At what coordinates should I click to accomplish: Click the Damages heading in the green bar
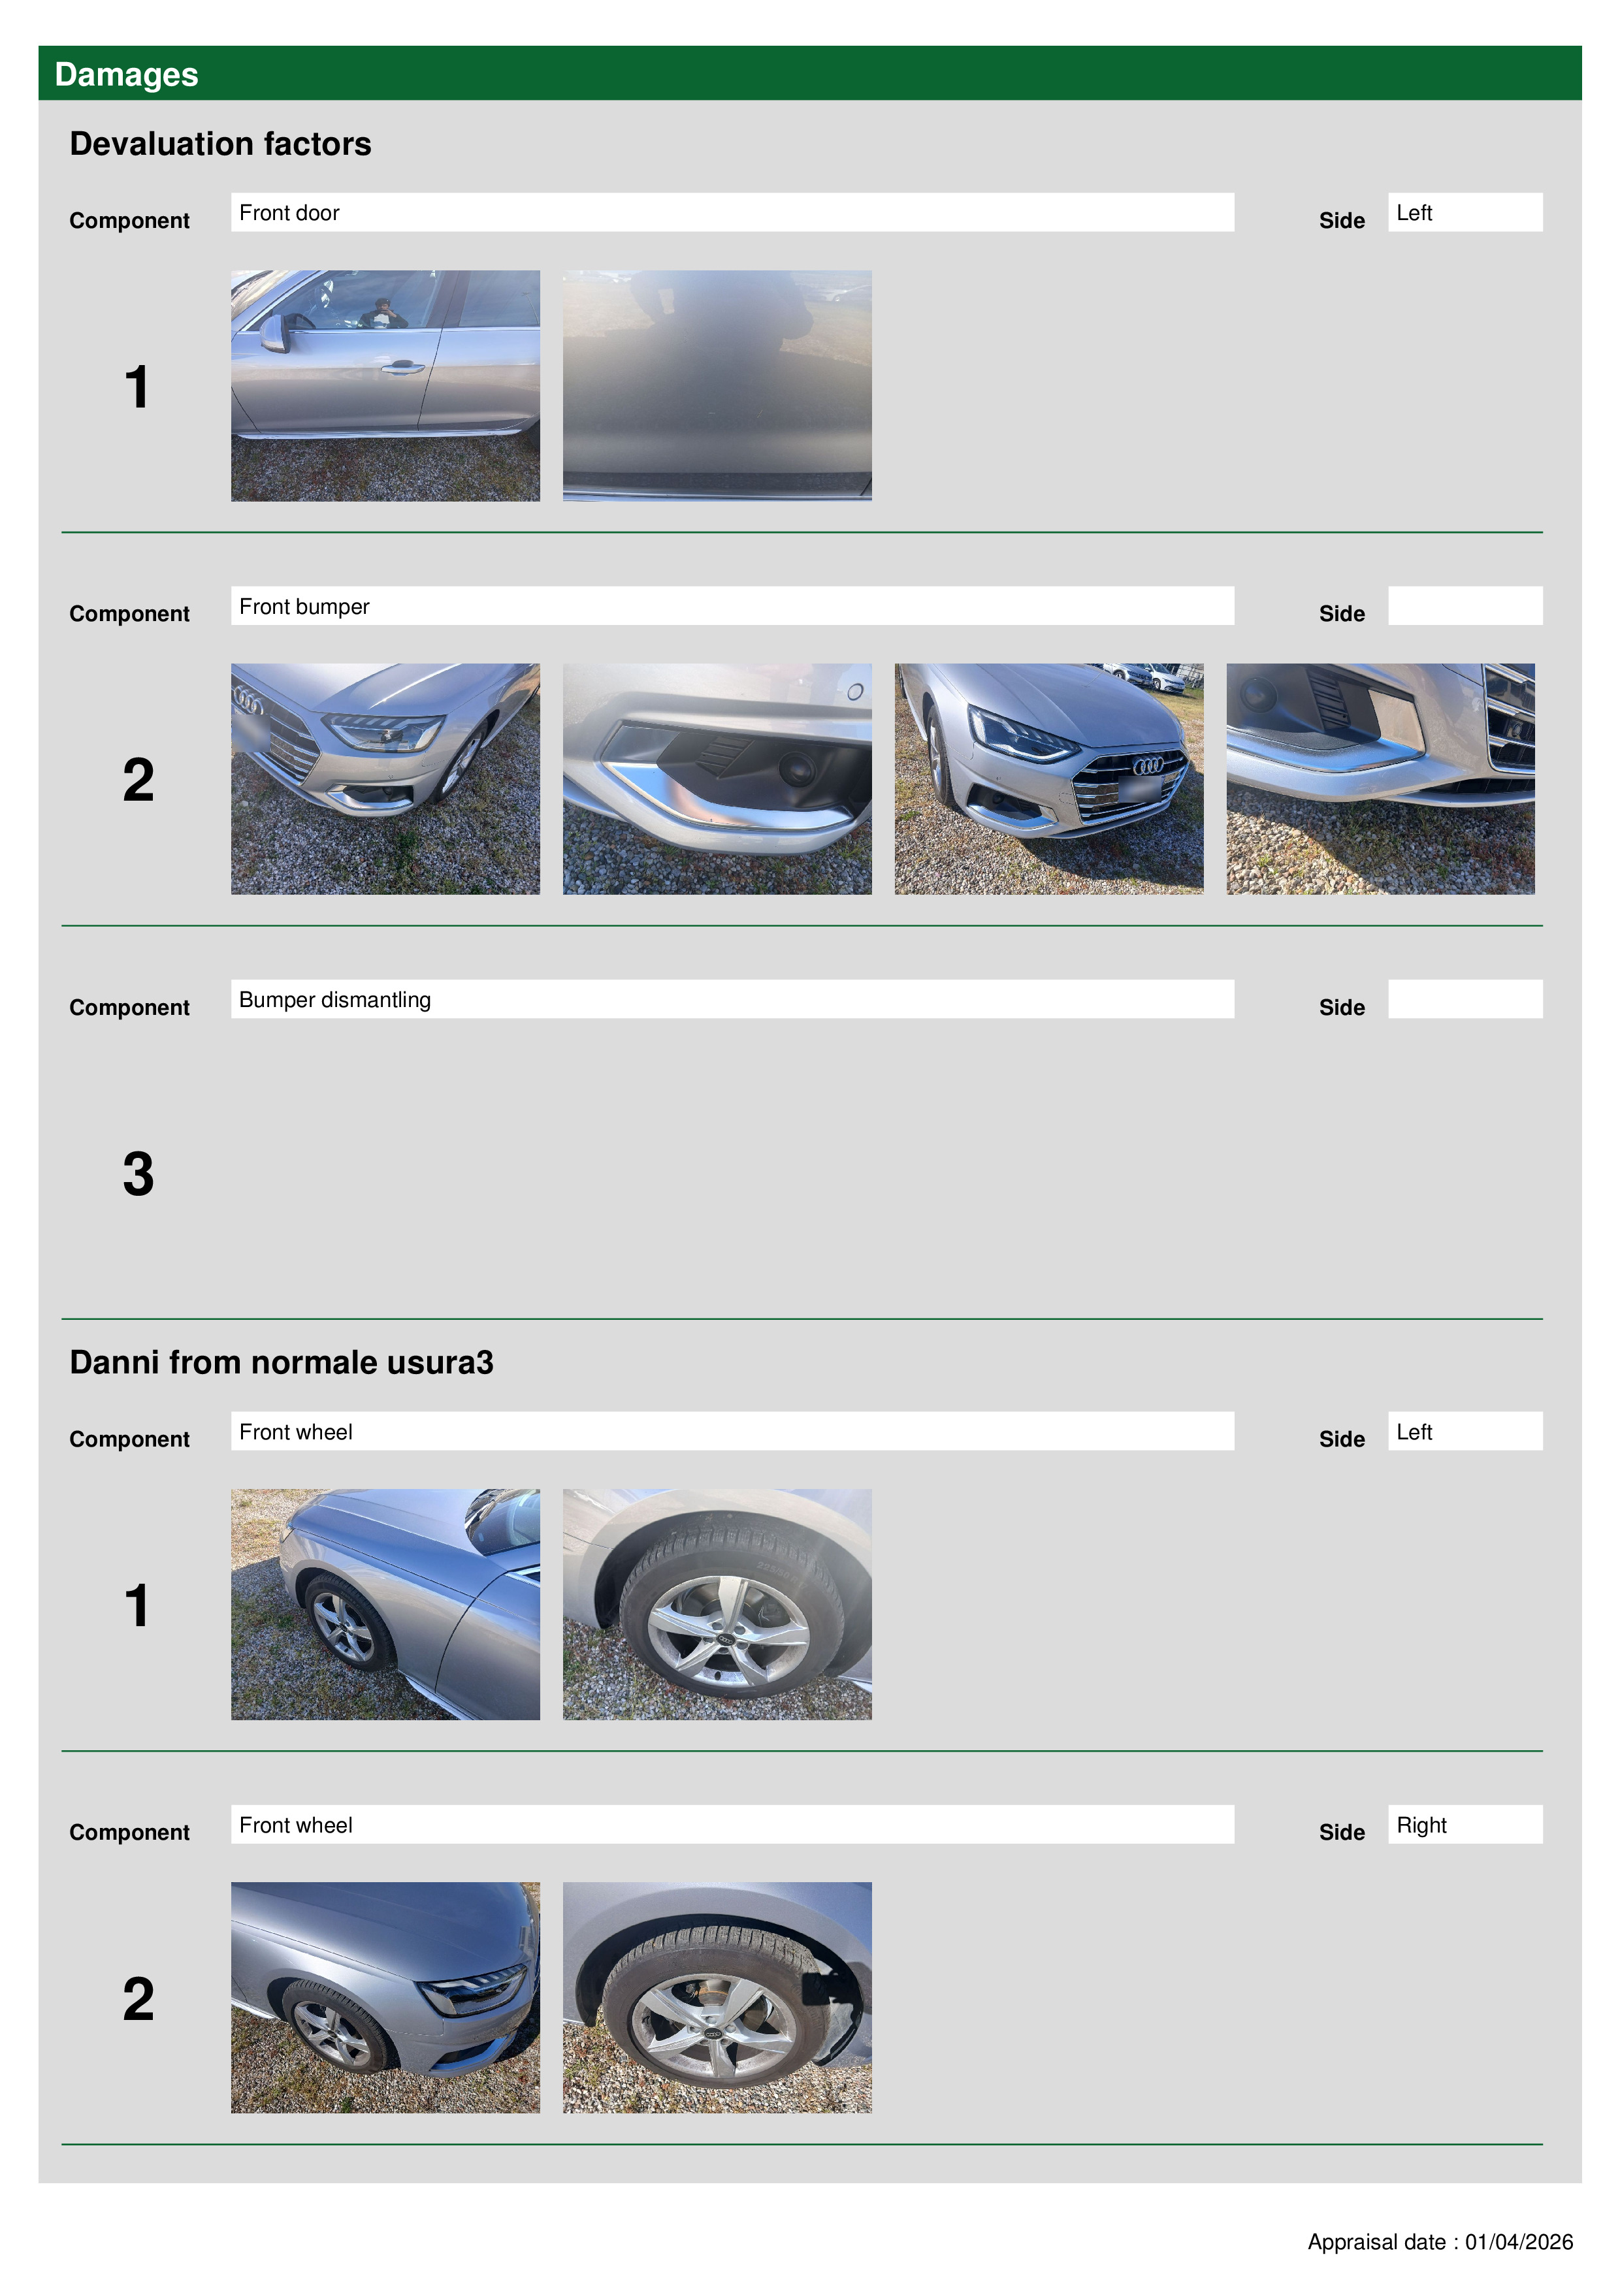point(127,75)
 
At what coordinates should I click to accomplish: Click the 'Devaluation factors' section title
point(221,144)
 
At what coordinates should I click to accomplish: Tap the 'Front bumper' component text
point(304,607)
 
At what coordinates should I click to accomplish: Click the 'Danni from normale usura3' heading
point(282,1362)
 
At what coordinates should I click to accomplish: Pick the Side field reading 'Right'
point(1465,1824)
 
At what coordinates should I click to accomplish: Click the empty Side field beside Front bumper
point(1465,605)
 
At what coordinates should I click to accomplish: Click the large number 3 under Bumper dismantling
point(138,1174)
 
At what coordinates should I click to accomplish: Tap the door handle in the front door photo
point(402,368)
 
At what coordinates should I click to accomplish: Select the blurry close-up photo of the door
point(717,385)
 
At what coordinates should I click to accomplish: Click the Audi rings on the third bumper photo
point(1148,765)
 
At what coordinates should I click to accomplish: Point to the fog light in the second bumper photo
point(798,768)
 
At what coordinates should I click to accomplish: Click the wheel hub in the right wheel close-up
point(714,2032)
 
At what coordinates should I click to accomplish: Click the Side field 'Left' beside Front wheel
point(1465,1431)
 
